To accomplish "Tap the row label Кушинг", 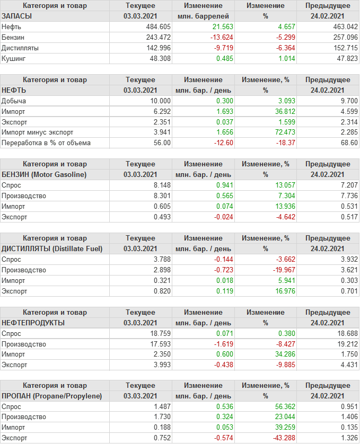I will tap(14, 58).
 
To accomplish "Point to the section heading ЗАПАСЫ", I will tap(17, 16).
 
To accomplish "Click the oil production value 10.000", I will tap(160, 101).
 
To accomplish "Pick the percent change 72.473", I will tap(279, 132).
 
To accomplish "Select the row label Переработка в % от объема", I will tap(46, 143).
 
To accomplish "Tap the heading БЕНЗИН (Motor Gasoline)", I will tap(45, 174).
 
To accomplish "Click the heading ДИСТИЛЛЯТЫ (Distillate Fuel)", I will tap(52, 248).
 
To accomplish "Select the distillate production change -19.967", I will tap(277, 270).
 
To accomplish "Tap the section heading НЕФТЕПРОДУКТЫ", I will tap(33, 323).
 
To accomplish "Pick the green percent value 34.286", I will tap(279, 354).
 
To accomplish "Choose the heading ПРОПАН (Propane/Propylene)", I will tap(51, 396).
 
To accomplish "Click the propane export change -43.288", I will tap(277, 438).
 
